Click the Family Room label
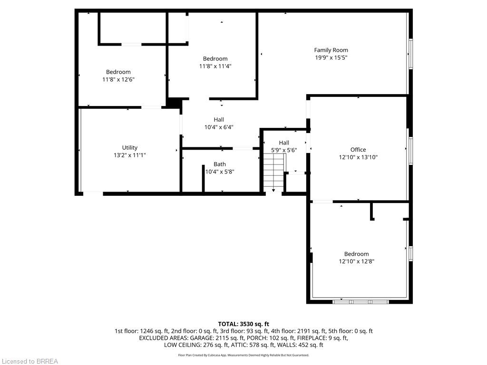(x=331, y=50)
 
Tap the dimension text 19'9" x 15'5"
(x=331, y=58)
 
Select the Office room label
(x=358, y=150)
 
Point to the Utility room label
(x=129, y=148)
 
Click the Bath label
(x=220, y=164)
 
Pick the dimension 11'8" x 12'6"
(x=118, y=79)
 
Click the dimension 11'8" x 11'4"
(x=215, y=66)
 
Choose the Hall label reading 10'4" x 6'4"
(x=219, y=119)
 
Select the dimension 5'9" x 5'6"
(x=284, y=150)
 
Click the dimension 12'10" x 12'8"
(x=356, y=261)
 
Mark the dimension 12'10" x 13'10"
(x=358, y=157)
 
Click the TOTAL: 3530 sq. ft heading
(x=243, y=324)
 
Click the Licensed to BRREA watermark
(x=30, y=361)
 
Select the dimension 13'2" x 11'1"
(x=129, y=155)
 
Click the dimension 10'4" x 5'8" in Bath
(x=220, y=172)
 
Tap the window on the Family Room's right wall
(x=410, y=54)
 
